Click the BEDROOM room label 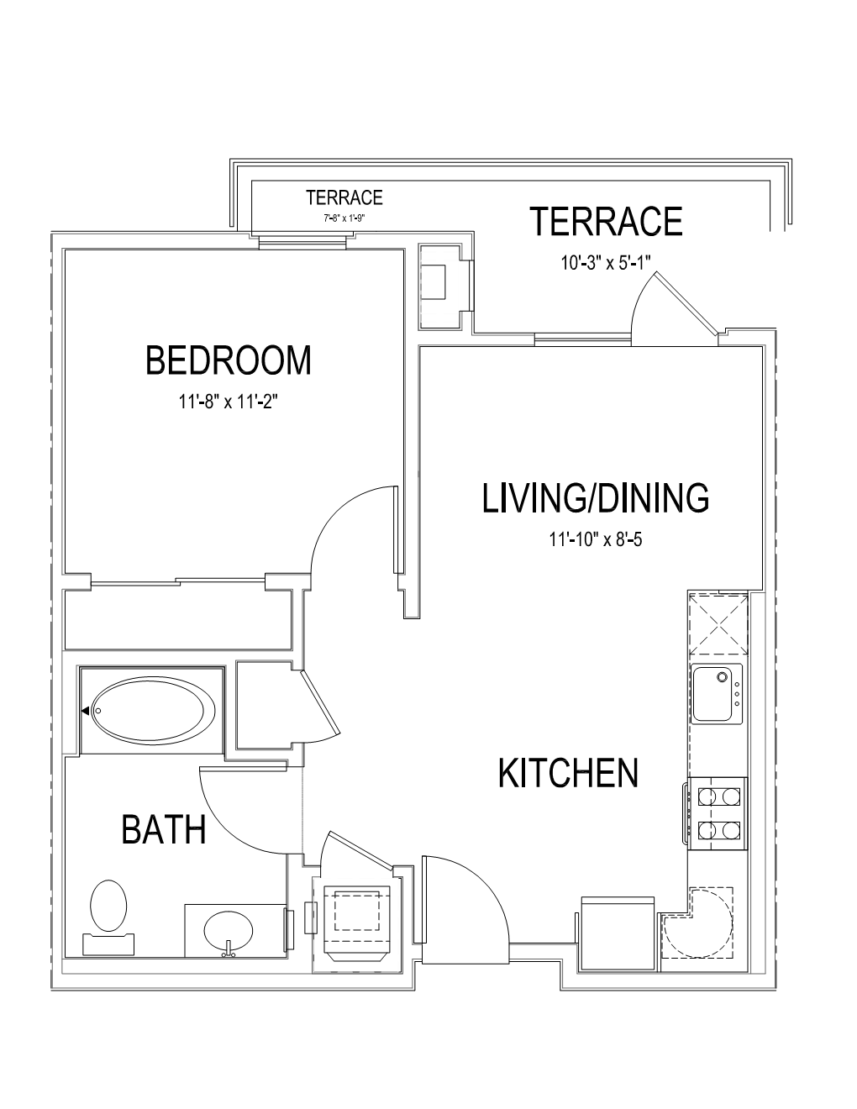point(229,360)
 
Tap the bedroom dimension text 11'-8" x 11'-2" point(228,402)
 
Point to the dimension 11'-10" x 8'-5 point(596,539)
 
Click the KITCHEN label point(568,773)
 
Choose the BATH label point(163,830)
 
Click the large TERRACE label point(607,221)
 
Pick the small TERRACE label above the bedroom point(344,197)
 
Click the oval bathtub point(153,710)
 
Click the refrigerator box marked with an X point(718,623)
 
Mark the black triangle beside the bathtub point(85,711)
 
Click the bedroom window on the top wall point(302,241)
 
